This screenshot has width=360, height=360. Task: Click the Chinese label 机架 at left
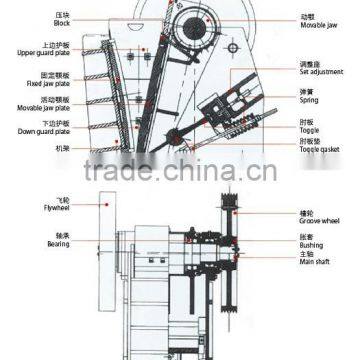click(62, 146)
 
